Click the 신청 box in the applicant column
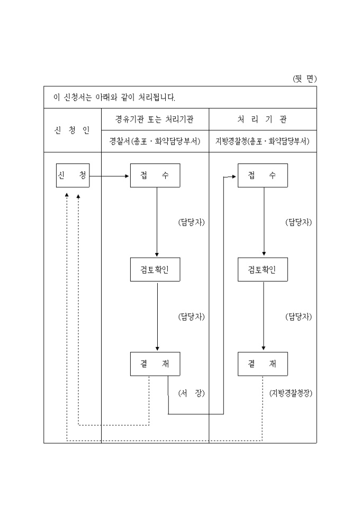click(73, 176)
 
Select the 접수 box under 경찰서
click(155, 176)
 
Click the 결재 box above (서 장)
click(155, 363)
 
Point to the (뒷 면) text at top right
click(304, 79)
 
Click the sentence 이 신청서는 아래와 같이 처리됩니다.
click(114, 98)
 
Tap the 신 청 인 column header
click(73, 130)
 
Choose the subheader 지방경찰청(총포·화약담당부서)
click(263, 141)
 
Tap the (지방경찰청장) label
click(291, 393)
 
